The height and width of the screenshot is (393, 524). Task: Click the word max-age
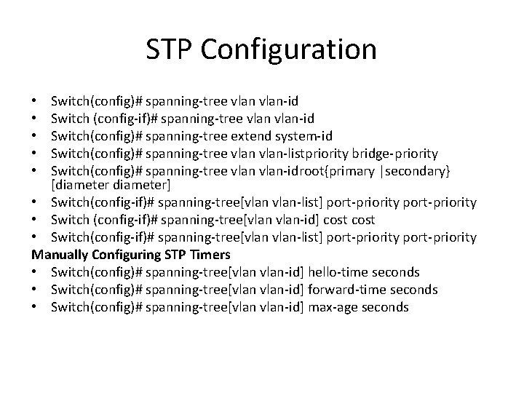coord(332,307)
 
